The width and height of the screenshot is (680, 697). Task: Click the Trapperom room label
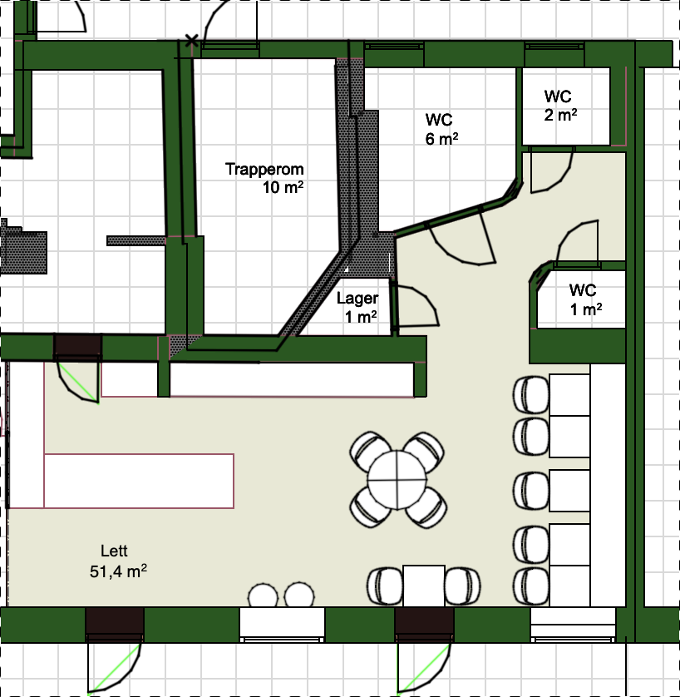click(264, 170)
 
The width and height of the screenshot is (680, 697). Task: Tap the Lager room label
click(357, 298)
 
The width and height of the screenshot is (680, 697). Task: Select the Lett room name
click(114, 551)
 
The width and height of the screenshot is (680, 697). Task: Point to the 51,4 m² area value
click(118, 571)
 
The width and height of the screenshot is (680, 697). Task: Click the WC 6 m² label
click(441, 130)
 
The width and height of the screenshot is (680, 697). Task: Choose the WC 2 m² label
click(560, 106)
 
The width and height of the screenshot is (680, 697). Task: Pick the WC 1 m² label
click(585, 299)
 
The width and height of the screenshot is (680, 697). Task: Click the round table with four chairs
click(398, 480)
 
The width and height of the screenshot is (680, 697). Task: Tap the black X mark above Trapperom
click(191, 41)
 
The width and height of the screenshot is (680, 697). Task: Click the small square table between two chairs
click(424, 586)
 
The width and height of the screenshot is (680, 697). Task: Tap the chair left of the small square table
click(385, 586)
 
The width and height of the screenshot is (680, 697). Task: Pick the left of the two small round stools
click(263, 596)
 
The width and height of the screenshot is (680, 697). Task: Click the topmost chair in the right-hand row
click(531, 395)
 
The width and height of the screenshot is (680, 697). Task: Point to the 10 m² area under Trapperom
click(283, 188)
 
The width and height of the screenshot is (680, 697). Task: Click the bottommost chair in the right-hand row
click(531, 586)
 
